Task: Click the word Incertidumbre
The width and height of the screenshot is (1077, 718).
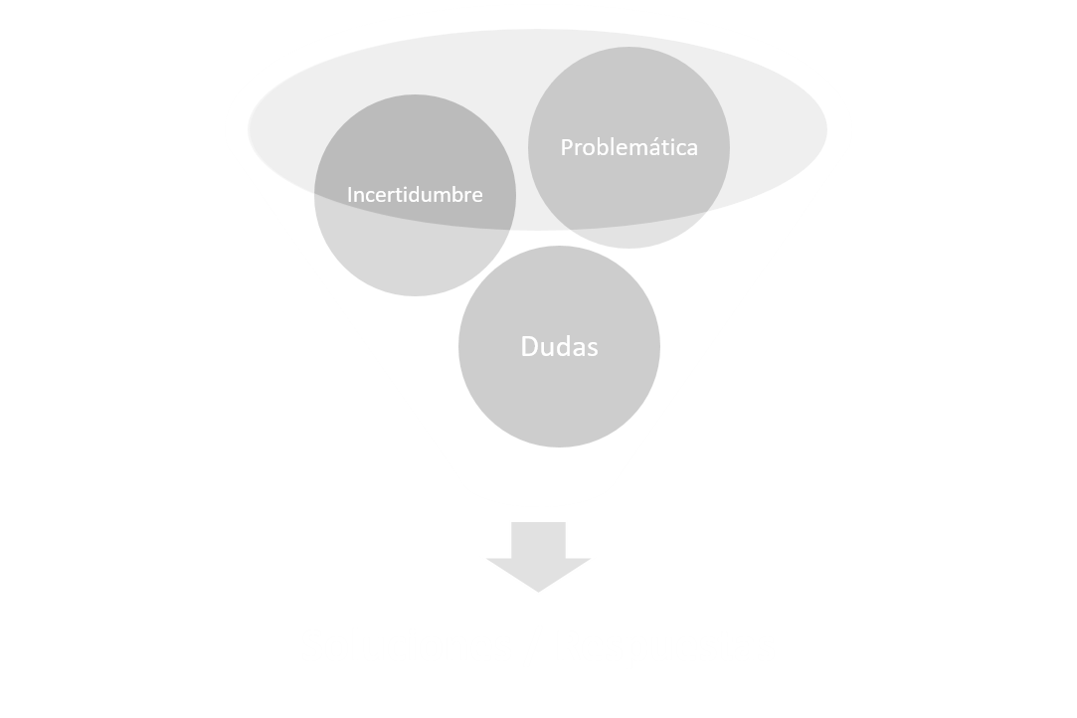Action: pos(415,195)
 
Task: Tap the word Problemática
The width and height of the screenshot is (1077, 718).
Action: pos(629,147)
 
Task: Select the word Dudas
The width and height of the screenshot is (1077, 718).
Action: pos(559,346)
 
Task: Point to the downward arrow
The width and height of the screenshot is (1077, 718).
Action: pos(539,557)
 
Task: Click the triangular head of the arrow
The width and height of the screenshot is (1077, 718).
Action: pos(539,574)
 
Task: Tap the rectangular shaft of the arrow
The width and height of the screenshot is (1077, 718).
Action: pos(539,540)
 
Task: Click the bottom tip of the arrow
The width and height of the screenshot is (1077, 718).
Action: pos(539,593)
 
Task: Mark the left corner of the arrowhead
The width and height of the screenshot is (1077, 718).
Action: pos(487,559)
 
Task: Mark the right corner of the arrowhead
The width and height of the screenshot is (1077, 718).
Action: pos(590,559)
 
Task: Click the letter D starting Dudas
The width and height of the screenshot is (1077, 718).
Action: pos(529,346)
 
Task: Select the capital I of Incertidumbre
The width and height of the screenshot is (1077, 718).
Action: pos(350,195)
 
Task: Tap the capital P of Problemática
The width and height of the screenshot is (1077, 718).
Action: pos(567,147)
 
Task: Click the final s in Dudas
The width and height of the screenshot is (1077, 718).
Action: pos(593,349)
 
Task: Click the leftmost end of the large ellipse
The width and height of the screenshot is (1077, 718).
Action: pos(248,130)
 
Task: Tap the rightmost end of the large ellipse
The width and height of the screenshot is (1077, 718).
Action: pos(827,130)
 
